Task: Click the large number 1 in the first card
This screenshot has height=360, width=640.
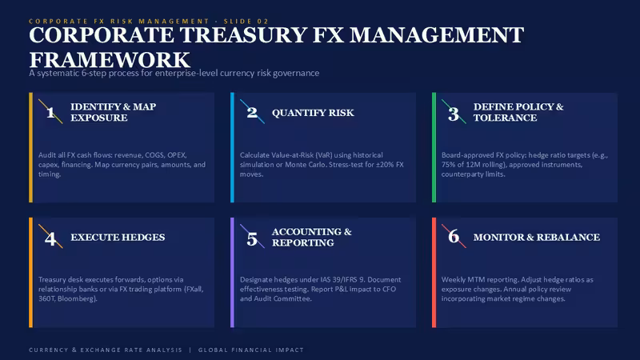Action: [50, 112]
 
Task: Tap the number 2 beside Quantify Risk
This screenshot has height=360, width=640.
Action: [252, 112]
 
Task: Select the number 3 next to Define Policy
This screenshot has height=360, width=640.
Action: [454, 114]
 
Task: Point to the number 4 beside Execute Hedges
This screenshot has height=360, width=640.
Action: [50, 238]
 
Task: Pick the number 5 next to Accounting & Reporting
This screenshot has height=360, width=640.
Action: [252, 238]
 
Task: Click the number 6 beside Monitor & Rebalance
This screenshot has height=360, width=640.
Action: [454, 236]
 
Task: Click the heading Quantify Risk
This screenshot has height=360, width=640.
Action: [313, 113]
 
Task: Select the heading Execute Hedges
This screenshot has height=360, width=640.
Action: [118, 237]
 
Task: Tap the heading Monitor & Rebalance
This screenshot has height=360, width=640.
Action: [536, 237]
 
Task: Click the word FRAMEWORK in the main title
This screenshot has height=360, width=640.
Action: [110, 60]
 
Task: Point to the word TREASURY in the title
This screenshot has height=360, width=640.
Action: [243, 34]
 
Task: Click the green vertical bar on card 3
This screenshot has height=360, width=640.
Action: [434, 147]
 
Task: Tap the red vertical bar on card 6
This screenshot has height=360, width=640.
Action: [434, 272]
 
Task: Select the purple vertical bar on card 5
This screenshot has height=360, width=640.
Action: [232, 272]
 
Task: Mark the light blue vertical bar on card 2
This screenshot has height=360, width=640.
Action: [232, 147]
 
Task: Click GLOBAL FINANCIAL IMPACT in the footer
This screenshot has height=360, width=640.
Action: [251, 350]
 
